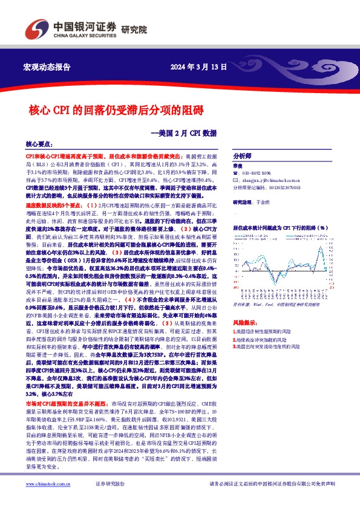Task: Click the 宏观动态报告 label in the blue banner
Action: click(x=46, y=66)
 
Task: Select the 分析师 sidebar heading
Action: click(x=243, y=155)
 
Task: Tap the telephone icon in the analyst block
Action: click(x=236, y=172)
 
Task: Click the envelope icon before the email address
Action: click(x=236, y=180)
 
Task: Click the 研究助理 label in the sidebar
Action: click(x=243, y=204)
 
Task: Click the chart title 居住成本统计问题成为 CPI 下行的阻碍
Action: click(x=280, y=228)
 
